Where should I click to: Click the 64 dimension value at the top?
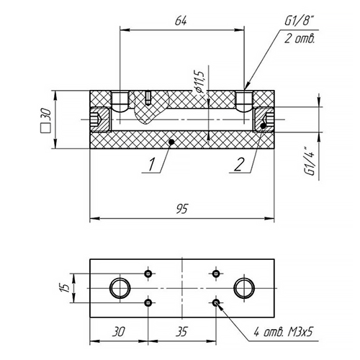point(181,21)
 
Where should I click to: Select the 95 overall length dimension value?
point(182,208)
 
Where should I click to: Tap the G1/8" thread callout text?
point(299,21)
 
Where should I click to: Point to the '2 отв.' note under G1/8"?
point(300,38)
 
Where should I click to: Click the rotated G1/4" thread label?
point(310,161)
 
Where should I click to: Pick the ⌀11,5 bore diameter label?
point(199,82)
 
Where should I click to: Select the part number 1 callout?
point(151,164)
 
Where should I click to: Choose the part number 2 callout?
point(239,164)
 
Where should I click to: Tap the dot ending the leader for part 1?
point(171,142)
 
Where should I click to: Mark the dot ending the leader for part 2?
point(264,125)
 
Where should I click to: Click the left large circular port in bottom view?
point(120,288)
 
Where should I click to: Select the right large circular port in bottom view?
point(244,288)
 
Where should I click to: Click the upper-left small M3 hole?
point(148,274)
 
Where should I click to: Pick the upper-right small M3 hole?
point(216,274)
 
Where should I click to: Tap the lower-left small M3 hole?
point(148,302)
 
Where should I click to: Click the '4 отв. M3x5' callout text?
point(284,333)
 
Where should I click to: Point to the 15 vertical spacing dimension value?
point(64,288)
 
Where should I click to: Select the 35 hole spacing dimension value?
point(181,332)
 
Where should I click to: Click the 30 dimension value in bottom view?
point(118,332)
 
